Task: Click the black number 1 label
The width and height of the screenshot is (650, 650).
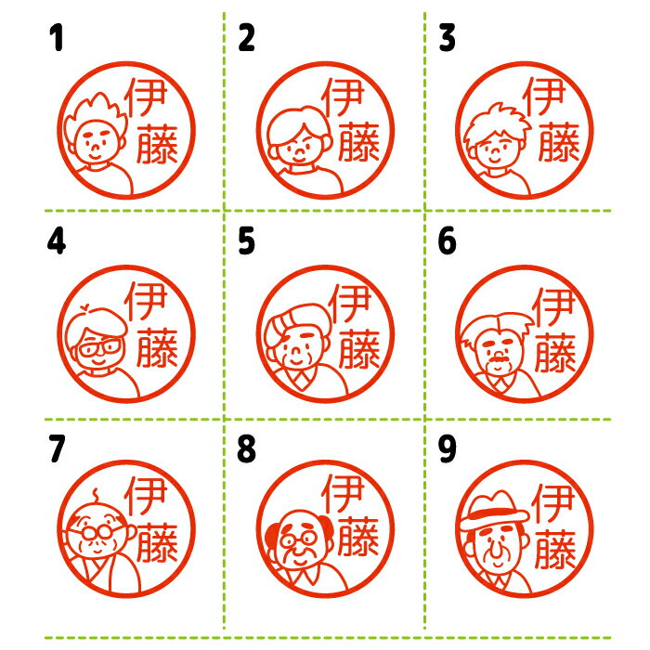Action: point(57,38)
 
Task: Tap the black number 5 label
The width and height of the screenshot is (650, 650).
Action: point(246,240)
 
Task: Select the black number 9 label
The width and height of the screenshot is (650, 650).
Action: point(448,448)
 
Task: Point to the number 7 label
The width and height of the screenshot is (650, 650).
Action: point(57,448)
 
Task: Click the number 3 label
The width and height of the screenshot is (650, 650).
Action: point(448,38)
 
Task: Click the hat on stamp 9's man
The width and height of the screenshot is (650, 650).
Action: point(494,512)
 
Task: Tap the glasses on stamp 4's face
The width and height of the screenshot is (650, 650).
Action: point(100,345)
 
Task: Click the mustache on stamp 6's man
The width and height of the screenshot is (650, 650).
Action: point(500,358)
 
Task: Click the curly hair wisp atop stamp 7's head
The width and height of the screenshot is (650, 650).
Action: point(96,496)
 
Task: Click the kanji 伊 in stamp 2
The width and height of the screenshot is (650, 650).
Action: point(343,97)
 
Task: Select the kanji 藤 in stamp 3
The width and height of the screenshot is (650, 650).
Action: point(559,141)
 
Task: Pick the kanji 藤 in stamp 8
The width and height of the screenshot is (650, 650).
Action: point(358,537)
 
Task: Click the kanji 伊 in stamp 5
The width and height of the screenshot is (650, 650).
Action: point(349,303)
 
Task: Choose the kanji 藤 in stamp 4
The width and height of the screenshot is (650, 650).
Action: point(158,347)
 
